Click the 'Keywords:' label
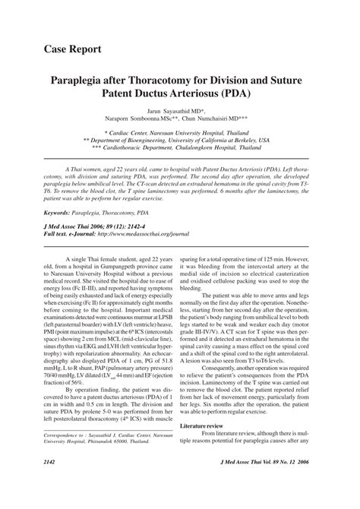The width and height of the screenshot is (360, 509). tap(65, 214)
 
